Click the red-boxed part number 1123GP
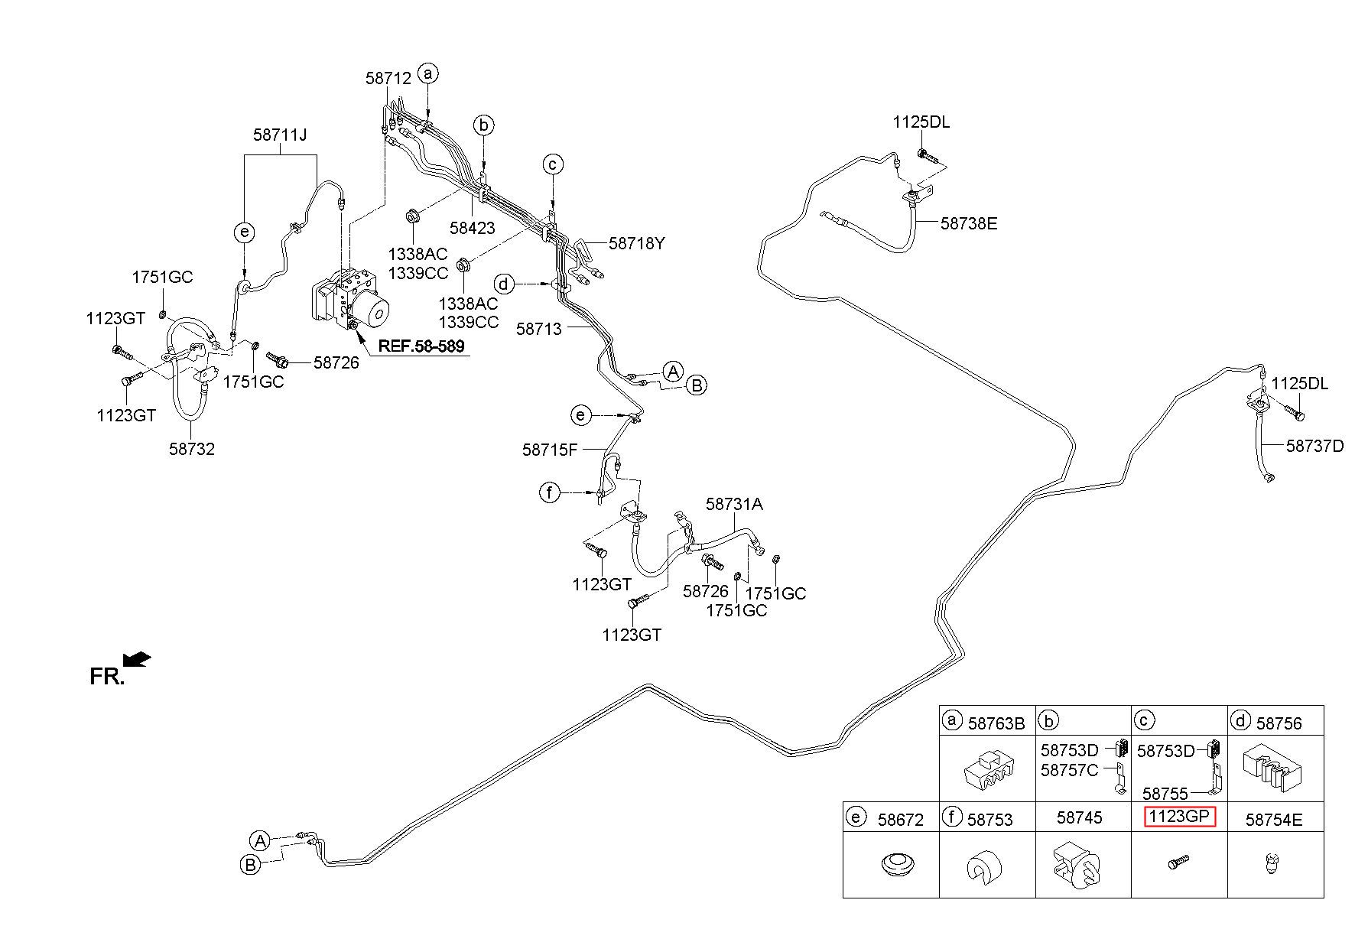1179,817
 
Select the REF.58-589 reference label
421,346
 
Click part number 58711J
280,135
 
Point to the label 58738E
969,223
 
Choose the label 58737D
1314,446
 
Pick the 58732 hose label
192,449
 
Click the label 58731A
734,504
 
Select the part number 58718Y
637,243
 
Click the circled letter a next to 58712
428,73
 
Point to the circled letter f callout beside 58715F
549,492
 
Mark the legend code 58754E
1274,820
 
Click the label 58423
472,227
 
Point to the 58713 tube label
538,329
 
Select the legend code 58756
1279,723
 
